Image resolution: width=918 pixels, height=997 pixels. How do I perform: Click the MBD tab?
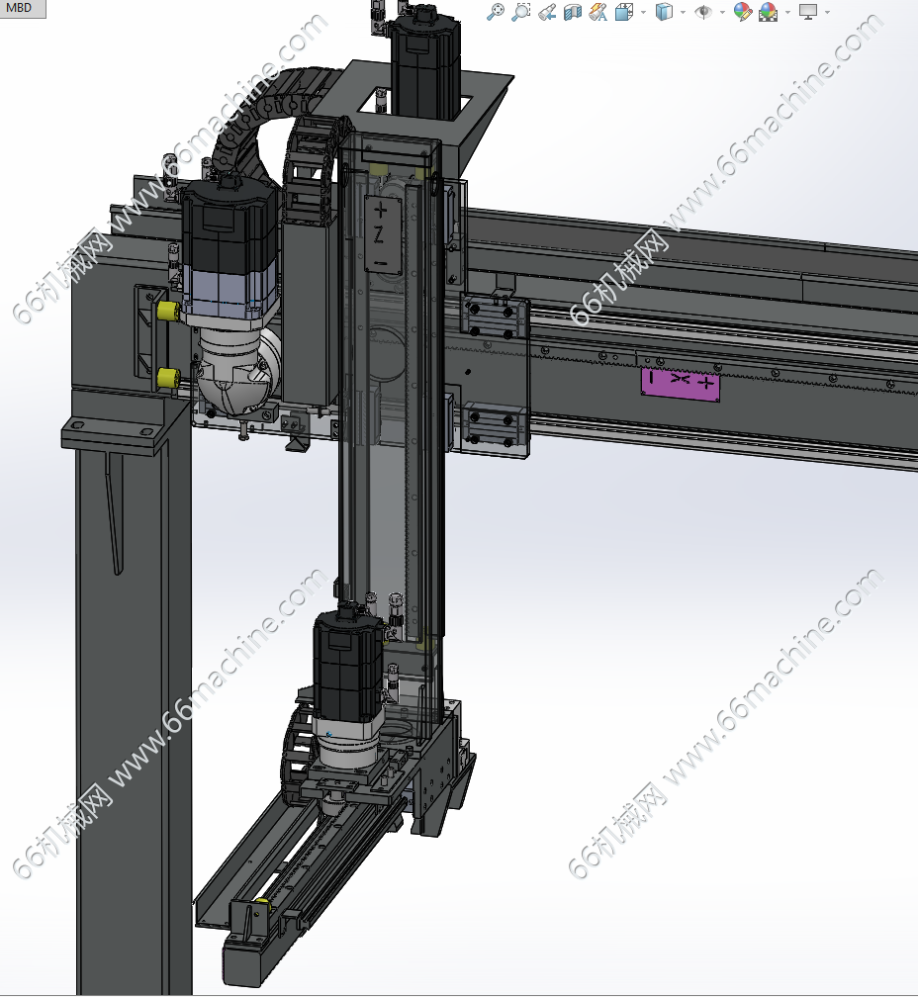tap(21, 8)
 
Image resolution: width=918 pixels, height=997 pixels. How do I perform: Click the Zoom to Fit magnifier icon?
tap(496, 12)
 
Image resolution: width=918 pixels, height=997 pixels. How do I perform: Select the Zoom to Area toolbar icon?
tap(520, 12)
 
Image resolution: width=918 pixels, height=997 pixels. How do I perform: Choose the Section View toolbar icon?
tap(572, 12)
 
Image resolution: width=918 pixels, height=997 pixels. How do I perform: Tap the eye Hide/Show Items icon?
tap(703, 12)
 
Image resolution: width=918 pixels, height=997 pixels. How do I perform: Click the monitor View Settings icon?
tap(808, 12)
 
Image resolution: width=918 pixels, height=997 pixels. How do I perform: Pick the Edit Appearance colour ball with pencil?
tap(742, 12)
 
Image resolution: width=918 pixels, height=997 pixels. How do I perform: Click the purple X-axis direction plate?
tap(681, 384)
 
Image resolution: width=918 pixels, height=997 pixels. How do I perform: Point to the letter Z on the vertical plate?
tap(379, 235)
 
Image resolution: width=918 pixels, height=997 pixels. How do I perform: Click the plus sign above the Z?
tap(380, 210)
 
